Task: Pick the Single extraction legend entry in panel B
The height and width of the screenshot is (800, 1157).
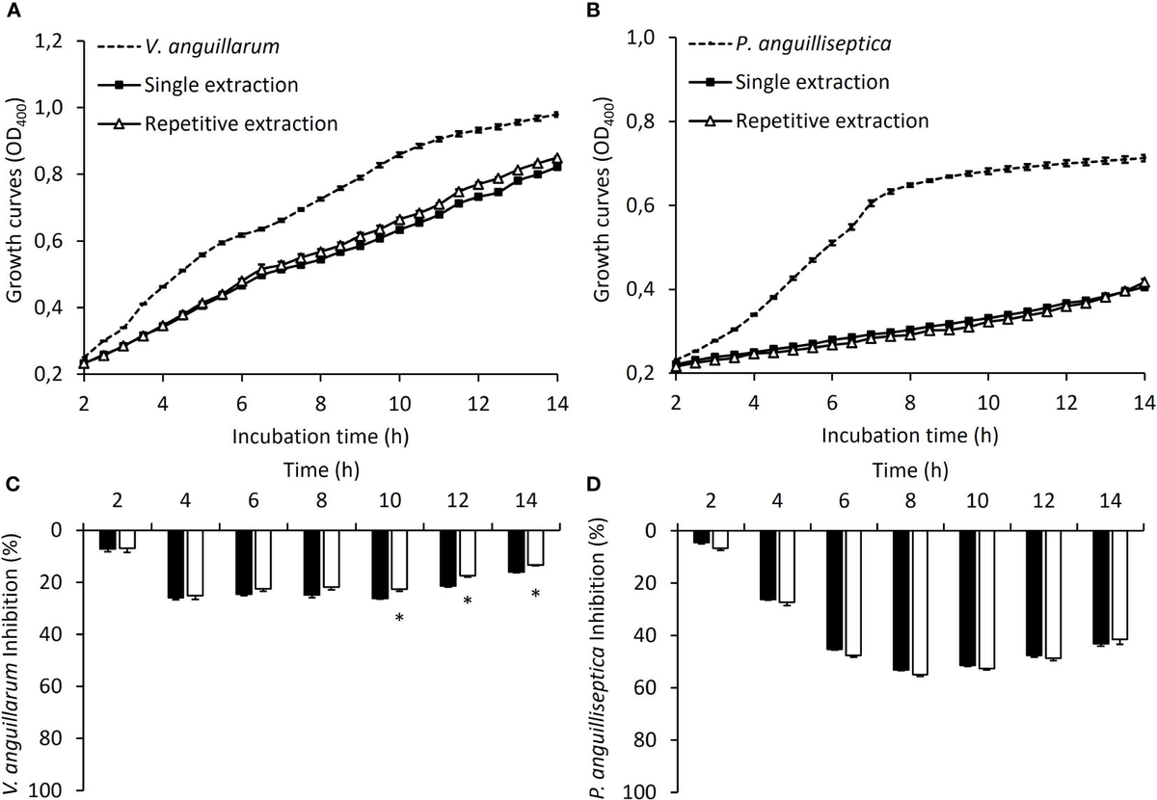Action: click(x=816, y=82)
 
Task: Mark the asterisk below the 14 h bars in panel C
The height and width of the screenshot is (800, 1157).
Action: click(x=535, y=595)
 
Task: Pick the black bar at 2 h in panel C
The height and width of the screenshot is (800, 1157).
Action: click(x=108, y=540)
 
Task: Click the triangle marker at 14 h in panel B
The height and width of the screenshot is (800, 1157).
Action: click(x=1144, y=283)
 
